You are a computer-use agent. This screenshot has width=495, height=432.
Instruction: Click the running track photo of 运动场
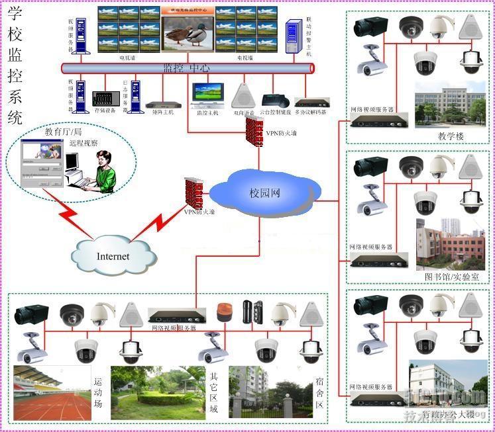pos(51,394)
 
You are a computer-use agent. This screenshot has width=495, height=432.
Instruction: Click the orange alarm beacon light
pos(223,312)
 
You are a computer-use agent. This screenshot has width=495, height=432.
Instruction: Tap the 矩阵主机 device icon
pos(159,105)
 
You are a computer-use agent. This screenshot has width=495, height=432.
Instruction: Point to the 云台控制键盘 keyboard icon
pos(274,101)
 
